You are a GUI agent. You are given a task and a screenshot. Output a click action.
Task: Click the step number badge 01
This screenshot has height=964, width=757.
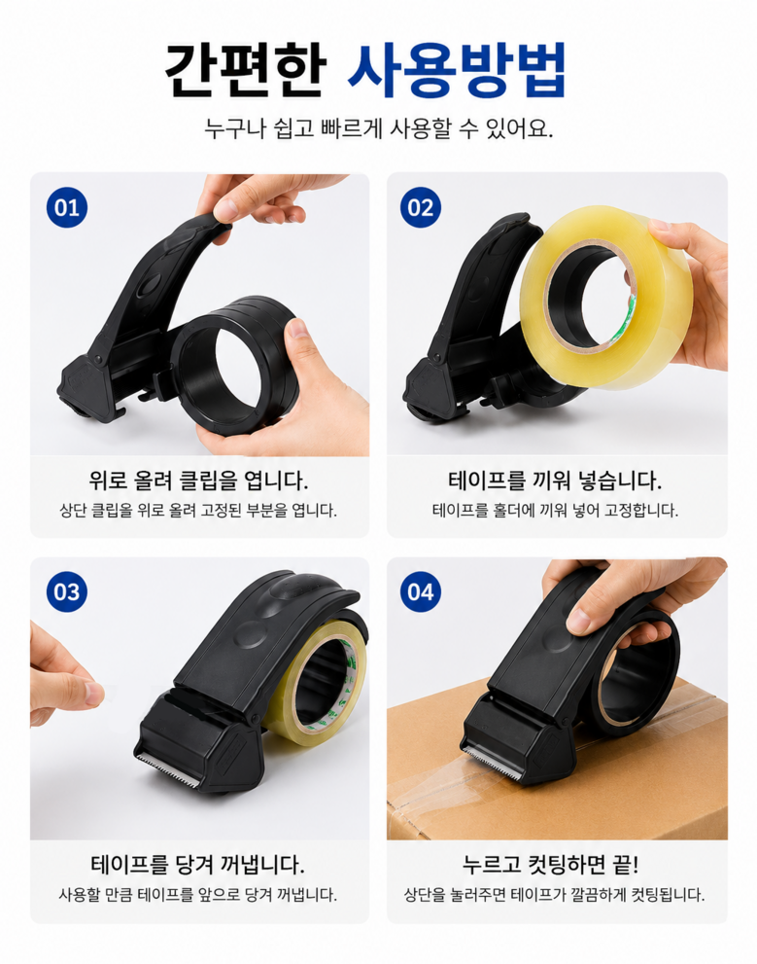67,207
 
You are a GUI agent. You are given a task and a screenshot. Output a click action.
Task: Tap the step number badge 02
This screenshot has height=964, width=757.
421,207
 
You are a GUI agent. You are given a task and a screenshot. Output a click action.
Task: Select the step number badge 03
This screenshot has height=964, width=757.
67,591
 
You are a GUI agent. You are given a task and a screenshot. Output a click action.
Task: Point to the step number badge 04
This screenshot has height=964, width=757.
421,591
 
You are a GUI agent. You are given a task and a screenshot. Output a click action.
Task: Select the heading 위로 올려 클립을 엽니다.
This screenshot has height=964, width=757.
199,481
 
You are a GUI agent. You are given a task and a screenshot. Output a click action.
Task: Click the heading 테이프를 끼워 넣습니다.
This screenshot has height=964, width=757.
556,481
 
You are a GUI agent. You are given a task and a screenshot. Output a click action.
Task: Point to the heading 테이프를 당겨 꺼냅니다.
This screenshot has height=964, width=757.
197,865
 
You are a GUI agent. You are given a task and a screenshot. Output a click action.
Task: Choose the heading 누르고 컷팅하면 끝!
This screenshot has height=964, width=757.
551,865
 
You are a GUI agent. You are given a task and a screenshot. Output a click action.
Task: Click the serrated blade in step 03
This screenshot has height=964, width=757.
167,768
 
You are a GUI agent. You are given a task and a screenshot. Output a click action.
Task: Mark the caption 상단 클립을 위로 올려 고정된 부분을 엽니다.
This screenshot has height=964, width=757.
198,511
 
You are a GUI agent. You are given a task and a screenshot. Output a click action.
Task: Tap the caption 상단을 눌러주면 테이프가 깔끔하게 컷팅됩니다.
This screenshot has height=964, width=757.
555,895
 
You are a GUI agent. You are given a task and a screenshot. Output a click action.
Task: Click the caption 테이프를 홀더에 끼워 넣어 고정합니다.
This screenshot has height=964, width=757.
556,511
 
